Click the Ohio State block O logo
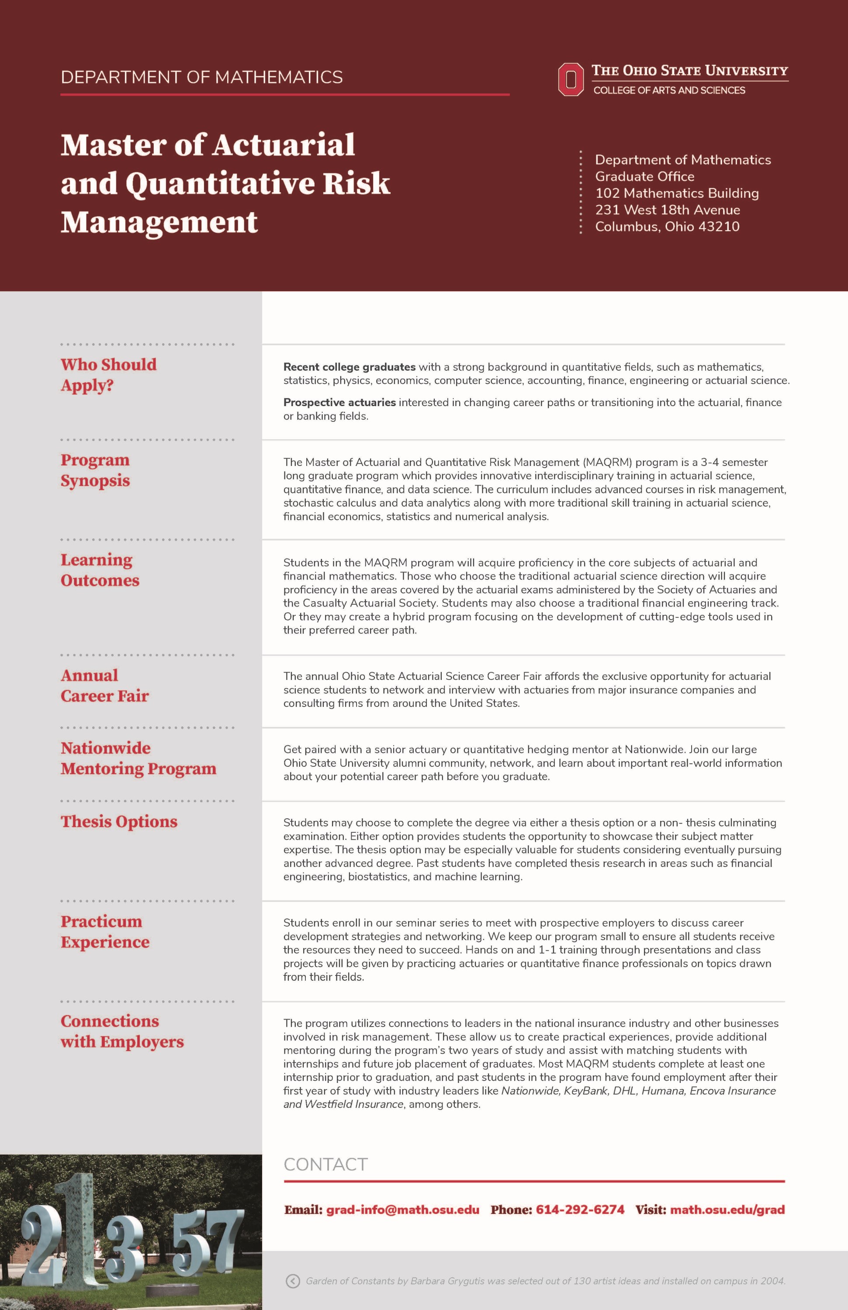click(571, 79)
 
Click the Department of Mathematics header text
click(201, 77)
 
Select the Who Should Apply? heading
click(108, 374)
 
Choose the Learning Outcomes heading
click(100, 570)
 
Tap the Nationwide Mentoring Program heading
click(138, 758)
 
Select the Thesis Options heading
click(119, 821)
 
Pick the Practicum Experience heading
click(104, 931)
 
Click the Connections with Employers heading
click(122, 1031)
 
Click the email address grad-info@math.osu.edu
click(402, 1210)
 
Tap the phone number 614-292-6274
click(580, 1210)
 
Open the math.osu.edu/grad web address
click(727, 1210)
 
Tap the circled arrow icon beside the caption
click(292, 1281)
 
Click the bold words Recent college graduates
click(349, 367)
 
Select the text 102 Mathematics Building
click(677, 193)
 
